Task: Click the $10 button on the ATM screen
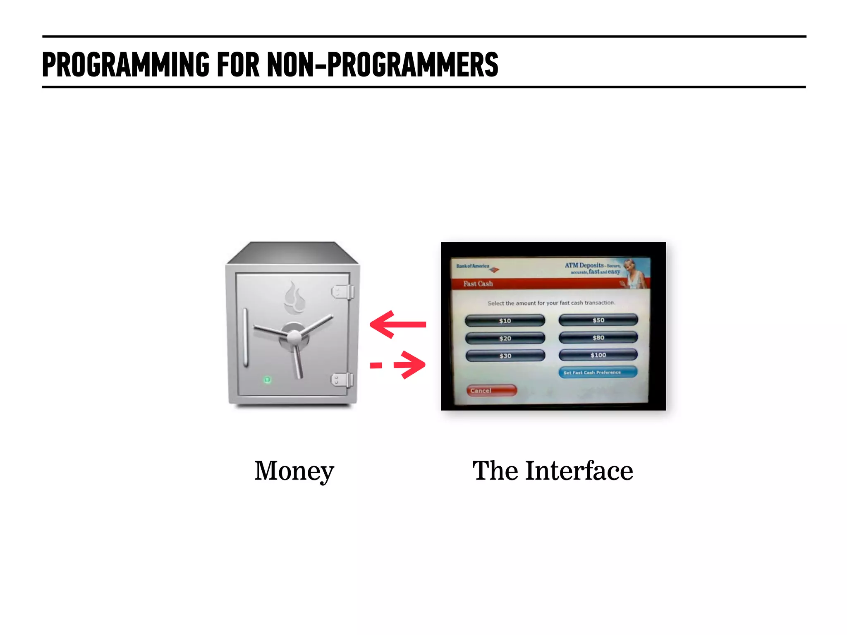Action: tap(505, 320)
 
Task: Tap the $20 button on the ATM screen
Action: tap(505, 338)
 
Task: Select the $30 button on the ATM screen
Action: tap(505, 356)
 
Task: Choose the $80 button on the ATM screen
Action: tap(598, 337)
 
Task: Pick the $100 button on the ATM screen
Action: tap(598, 355)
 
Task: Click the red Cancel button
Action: tap(491, 390)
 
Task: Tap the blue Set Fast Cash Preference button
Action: tap(597, 372)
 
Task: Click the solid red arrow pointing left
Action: tap(397, 325)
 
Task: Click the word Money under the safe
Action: tap(294, 471)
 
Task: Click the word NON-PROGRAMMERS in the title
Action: tap(382, 64)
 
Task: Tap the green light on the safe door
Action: tap(267, 380)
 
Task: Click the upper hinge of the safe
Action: tap(343, 292)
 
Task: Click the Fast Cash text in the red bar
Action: tap(478, 284)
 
